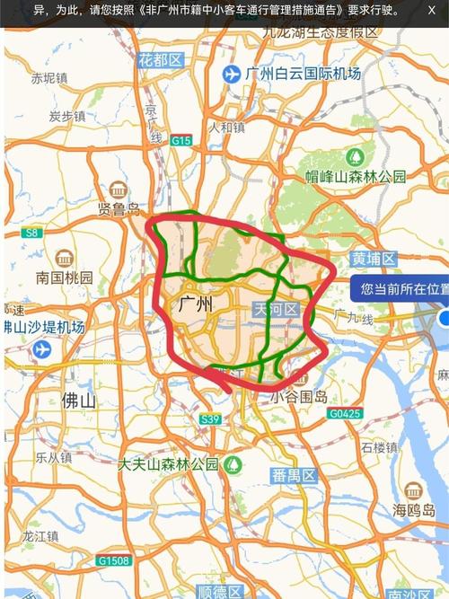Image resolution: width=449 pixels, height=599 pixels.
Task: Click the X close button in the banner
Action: coord(431,10)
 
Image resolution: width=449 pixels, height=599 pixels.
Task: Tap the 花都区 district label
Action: coord(161,60)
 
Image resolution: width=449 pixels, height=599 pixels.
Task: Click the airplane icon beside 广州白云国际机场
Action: coord(233,73)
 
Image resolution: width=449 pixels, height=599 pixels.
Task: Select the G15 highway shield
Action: coord(182,140)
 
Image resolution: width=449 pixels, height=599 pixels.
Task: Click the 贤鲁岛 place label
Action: coord(119,209)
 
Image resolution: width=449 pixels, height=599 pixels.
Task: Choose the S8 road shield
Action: coord(32,233)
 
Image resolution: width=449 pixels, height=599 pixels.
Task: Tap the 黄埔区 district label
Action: coord(374,259)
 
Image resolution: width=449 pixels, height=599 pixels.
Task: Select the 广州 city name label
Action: coord(196,304)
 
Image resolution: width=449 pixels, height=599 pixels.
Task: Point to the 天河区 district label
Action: coord(276,310)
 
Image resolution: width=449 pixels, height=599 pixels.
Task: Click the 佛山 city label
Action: coord(79,401)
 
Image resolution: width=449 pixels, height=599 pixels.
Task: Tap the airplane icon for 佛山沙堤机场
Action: coord(40,349)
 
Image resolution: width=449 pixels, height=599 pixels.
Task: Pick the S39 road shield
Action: coord(210,419)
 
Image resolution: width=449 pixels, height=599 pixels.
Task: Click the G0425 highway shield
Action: coord(344,414)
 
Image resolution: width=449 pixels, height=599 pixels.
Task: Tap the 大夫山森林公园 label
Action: coord(168,464)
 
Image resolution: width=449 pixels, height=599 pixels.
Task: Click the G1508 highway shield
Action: coord(114,561)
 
